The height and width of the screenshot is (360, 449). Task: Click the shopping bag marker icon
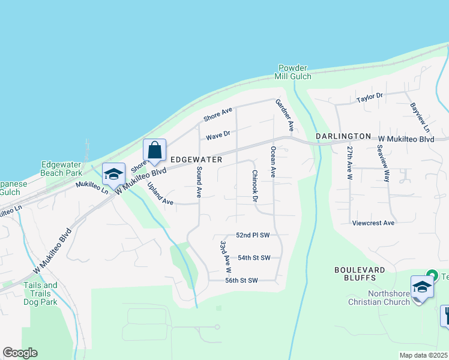[155, 151]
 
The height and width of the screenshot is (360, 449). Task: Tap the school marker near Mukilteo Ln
[113, 175]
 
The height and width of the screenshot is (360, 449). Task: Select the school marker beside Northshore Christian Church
[422, 287]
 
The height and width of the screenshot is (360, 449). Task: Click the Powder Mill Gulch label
[293, 73]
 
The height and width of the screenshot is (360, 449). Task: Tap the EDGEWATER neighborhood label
[196, 160]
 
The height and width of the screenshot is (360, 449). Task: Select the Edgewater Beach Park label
[61, 169]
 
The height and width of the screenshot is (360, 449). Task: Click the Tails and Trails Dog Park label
[41, 294]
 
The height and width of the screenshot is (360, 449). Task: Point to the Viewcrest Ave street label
[374, 223]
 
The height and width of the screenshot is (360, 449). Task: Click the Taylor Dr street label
[370, 98]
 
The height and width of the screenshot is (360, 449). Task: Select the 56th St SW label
[241, 280]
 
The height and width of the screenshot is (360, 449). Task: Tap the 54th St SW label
[254, 258]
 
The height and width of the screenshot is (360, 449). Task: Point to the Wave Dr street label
[218, 136]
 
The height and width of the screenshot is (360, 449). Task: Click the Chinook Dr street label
[255, 186]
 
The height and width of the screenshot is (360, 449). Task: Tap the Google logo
[20, 353]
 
